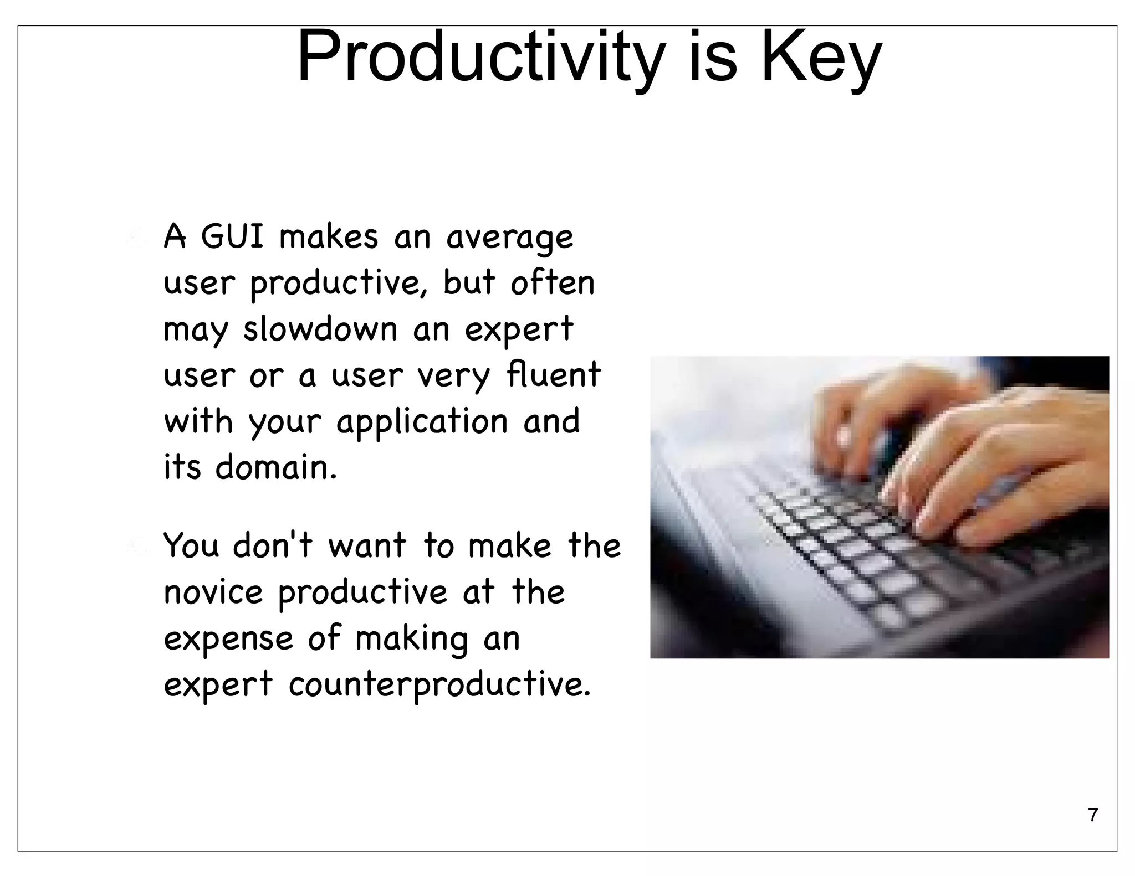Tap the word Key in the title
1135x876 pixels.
[x=821, y=58]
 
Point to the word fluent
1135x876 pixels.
[x=554, y=374]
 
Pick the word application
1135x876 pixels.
[x=422, y=422]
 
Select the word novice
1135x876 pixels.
[x=213, y=592]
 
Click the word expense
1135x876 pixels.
[x=228, y=638]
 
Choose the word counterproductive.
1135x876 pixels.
[x=439, y=684]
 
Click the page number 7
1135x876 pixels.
[x=1092, y=815]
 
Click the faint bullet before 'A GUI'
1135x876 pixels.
[x=135, y=237]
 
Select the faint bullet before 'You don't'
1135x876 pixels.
[x=135, y=546]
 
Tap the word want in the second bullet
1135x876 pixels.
[x=367, y=545]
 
